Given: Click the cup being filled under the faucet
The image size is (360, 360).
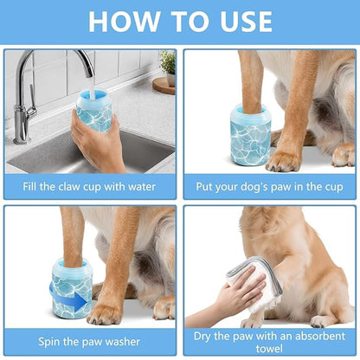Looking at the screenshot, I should pos(93,111).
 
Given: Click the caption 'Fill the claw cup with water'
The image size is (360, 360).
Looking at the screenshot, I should pos(89,185).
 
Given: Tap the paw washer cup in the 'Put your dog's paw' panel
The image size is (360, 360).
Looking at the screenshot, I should pos(250,136).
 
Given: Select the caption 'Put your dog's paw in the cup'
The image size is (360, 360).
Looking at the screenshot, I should pos(270,185).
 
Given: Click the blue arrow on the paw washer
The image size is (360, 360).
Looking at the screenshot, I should pos(80,300).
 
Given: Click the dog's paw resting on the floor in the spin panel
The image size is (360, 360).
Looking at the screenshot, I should pos(108,312).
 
